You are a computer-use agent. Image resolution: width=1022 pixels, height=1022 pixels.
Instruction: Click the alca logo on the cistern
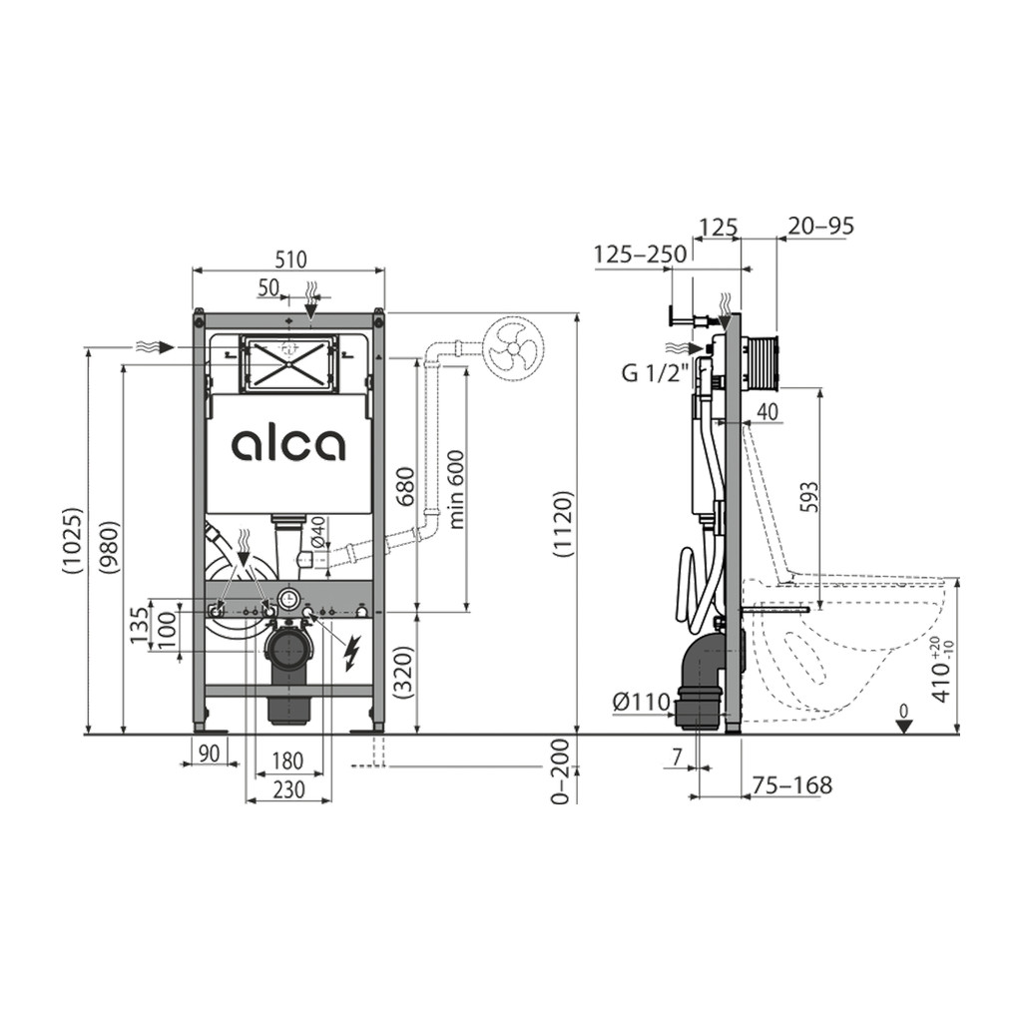[x=288, y=444]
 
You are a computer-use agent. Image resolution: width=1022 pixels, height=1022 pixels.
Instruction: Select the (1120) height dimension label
[x=563, y=523]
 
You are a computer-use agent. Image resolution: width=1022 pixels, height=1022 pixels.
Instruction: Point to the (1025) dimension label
[x=72, y=540]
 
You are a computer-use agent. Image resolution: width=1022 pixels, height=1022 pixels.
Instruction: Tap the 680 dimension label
[x=405, y=486]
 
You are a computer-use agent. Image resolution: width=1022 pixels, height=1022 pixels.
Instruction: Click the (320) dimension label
[x=405, y=672]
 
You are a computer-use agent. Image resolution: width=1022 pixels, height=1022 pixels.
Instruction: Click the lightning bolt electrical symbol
[x=352, y=653]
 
